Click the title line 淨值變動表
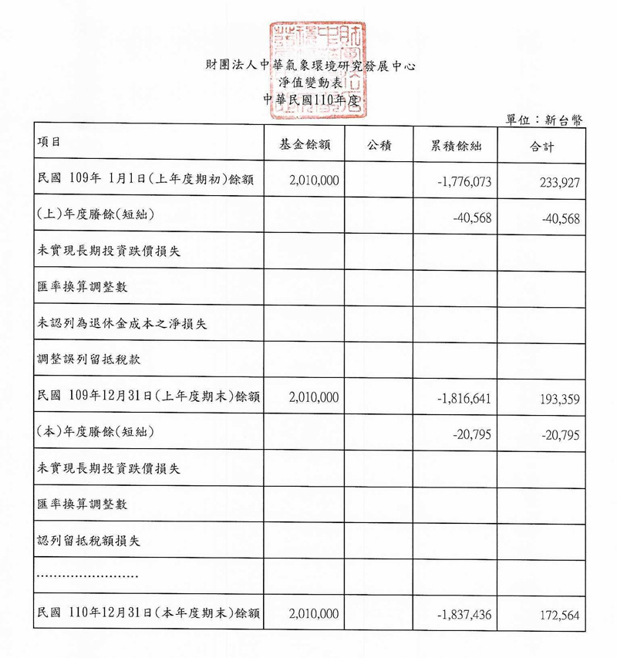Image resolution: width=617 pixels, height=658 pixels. [308, 83]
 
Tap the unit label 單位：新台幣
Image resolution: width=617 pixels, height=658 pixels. [545, 119]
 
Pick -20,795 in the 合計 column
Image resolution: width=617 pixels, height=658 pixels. [561, 434]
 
